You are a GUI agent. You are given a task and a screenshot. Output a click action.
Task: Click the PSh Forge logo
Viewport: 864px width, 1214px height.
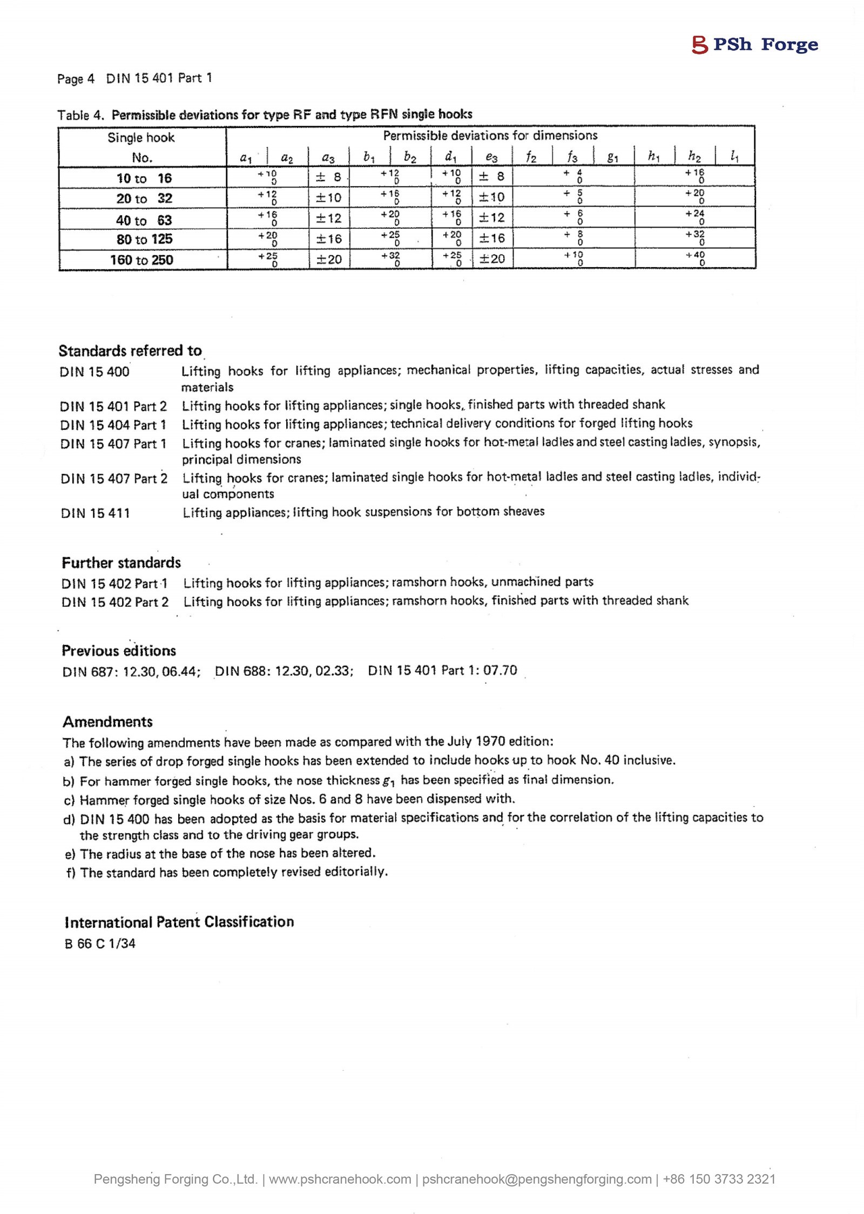point(754,44)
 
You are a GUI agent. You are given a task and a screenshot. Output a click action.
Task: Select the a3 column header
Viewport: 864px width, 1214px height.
point(328,157)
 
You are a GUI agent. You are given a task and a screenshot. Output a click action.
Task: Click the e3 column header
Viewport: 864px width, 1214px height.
point(491,157)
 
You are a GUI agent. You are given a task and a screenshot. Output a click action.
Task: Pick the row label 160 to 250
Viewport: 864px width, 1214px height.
point(141,260)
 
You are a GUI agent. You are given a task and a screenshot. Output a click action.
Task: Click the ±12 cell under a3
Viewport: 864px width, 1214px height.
point(329,218)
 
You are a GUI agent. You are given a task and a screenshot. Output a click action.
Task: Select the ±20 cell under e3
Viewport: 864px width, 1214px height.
point(492,259)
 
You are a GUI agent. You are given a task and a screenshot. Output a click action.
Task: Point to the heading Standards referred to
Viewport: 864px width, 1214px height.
point(130,351)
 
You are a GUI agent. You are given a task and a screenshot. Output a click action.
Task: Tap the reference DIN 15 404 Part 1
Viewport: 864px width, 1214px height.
point(113,425)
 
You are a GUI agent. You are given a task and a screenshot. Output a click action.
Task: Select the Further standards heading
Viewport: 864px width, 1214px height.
point(121,562)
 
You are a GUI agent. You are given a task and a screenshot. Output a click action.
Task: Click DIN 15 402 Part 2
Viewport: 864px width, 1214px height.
point(115,602)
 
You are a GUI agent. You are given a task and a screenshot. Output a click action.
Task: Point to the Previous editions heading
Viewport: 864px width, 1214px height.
point(119,650)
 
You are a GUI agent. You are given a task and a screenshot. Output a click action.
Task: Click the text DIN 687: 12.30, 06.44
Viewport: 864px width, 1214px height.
point(131,671)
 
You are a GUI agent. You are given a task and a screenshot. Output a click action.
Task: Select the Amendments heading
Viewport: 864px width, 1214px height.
point(107,722)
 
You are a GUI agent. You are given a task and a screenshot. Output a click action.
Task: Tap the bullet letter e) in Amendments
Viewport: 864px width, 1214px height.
point(70,854)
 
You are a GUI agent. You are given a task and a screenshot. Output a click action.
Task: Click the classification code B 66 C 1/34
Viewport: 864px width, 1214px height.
point(100,944)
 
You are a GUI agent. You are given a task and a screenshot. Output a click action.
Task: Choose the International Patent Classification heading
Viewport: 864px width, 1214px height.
point(179,921)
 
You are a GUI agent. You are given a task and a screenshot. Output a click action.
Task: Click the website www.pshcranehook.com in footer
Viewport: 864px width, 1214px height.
point(340,1179)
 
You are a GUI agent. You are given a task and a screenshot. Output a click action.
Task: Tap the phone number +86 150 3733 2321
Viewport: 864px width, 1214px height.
point(719,1179)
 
